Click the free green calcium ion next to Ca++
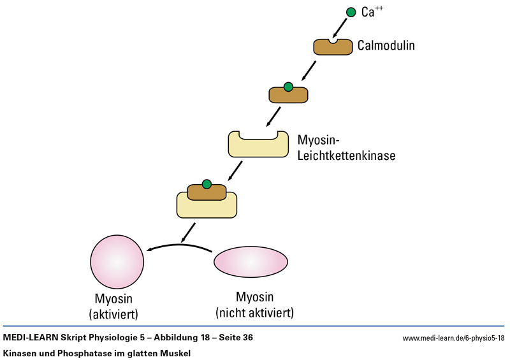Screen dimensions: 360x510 pyautogui.click(x=351, y=12)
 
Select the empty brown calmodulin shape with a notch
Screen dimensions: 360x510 pyautogui.click(x=332, y=48)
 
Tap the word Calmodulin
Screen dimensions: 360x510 pyautogui.click(x=386, y=46)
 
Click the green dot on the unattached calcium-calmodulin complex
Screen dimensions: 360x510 pyautogui.click(x=288, y=87)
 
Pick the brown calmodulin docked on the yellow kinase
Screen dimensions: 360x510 pyautogui.click(x=206, y=192)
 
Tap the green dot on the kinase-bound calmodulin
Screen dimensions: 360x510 pyautogui.click(x=207, y=184)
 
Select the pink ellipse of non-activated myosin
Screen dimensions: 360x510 pyautogui.click(x=250, y=262)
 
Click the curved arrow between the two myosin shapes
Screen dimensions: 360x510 pyautogui.click(x=179, y=247)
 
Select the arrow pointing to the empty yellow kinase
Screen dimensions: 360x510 pyautogui.click(x=273, y=115)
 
